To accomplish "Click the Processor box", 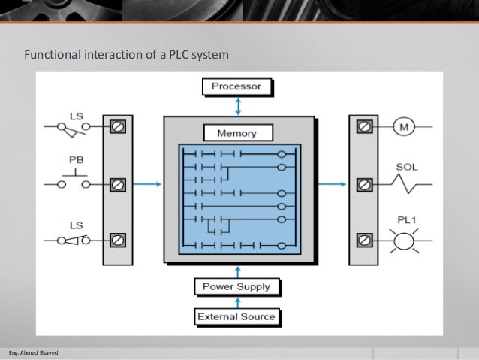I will click(x=236, y=86).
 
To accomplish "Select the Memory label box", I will click(x=236, y=133).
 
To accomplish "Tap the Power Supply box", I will click(x=236, y=286).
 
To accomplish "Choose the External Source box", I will click(x=236, y=316).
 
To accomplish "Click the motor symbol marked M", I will click(x=404, y=127).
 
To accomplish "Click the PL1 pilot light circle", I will click(x=405, y=240).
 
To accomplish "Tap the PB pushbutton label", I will click(x=77, y=159).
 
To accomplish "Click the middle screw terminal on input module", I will click(x=117, y=184).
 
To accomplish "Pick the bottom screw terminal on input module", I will click(x=117, y=240).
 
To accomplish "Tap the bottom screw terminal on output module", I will click(x=364, y=240).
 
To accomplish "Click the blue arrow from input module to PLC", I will click(x=148, y=184).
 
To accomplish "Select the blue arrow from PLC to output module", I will click(x=333, y=184).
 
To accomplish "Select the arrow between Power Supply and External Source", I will click(x=237, y=301).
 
